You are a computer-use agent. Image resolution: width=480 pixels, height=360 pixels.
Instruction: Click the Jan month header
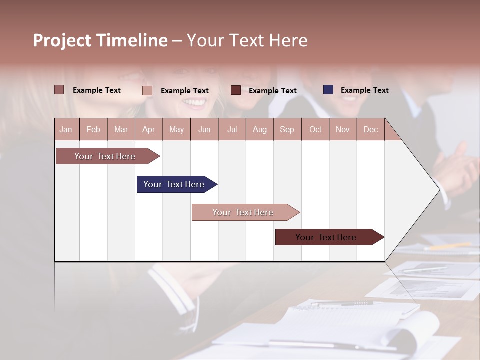tap(66, 129)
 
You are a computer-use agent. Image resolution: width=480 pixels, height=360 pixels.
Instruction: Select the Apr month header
tap(149, 129)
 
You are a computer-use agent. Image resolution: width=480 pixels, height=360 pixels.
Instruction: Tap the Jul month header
tap(232, 129)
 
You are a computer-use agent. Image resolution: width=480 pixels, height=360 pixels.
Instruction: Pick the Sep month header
tap(287, 129)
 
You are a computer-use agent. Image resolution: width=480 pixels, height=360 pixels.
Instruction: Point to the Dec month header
tap(370, 129)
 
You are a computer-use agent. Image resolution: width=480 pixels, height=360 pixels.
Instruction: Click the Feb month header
tap(93, 129)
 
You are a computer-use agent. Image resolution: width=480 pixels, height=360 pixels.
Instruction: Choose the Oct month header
tap(315, 129)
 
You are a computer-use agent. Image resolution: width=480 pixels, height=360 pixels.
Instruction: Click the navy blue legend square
tap(328, 90)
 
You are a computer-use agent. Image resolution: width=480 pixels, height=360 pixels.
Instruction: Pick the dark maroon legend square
tap(236, 90)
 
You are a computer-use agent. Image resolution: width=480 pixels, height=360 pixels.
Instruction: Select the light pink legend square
tap(147, 90)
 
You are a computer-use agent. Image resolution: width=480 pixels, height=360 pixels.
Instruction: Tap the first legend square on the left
tap(59, 90)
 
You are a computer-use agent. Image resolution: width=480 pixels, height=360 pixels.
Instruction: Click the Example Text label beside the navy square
tap(364, 90)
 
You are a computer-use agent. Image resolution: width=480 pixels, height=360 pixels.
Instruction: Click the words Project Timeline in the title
tap(100, 40)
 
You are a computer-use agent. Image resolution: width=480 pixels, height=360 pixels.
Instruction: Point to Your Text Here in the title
tap(247, 40)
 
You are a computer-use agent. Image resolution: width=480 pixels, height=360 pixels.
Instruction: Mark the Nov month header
tap(343, 129)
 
